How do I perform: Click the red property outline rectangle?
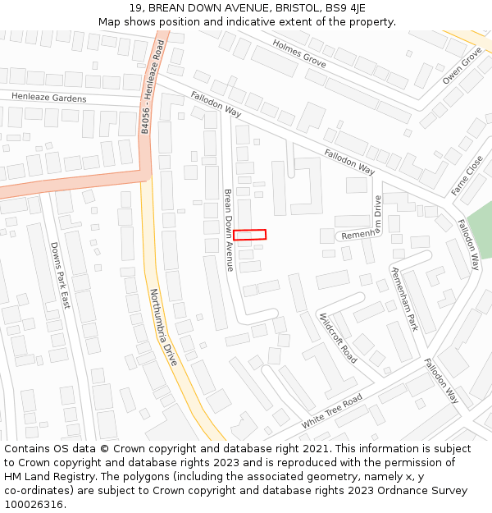(249, 235)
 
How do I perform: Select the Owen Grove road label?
(462, 66)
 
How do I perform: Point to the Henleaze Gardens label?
(48, 98)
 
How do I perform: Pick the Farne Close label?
(467, 176)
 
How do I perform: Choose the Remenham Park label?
(403, 299)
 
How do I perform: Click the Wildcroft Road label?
(338, 337)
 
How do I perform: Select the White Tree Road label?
(331, 410)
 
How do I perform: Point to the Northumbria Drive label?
(163, 326)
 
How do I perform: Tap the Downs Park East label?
(61, 275)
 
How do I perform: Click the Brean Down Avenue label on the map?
(229, 230)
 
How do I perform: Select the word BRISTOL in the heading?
(281, 8)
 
